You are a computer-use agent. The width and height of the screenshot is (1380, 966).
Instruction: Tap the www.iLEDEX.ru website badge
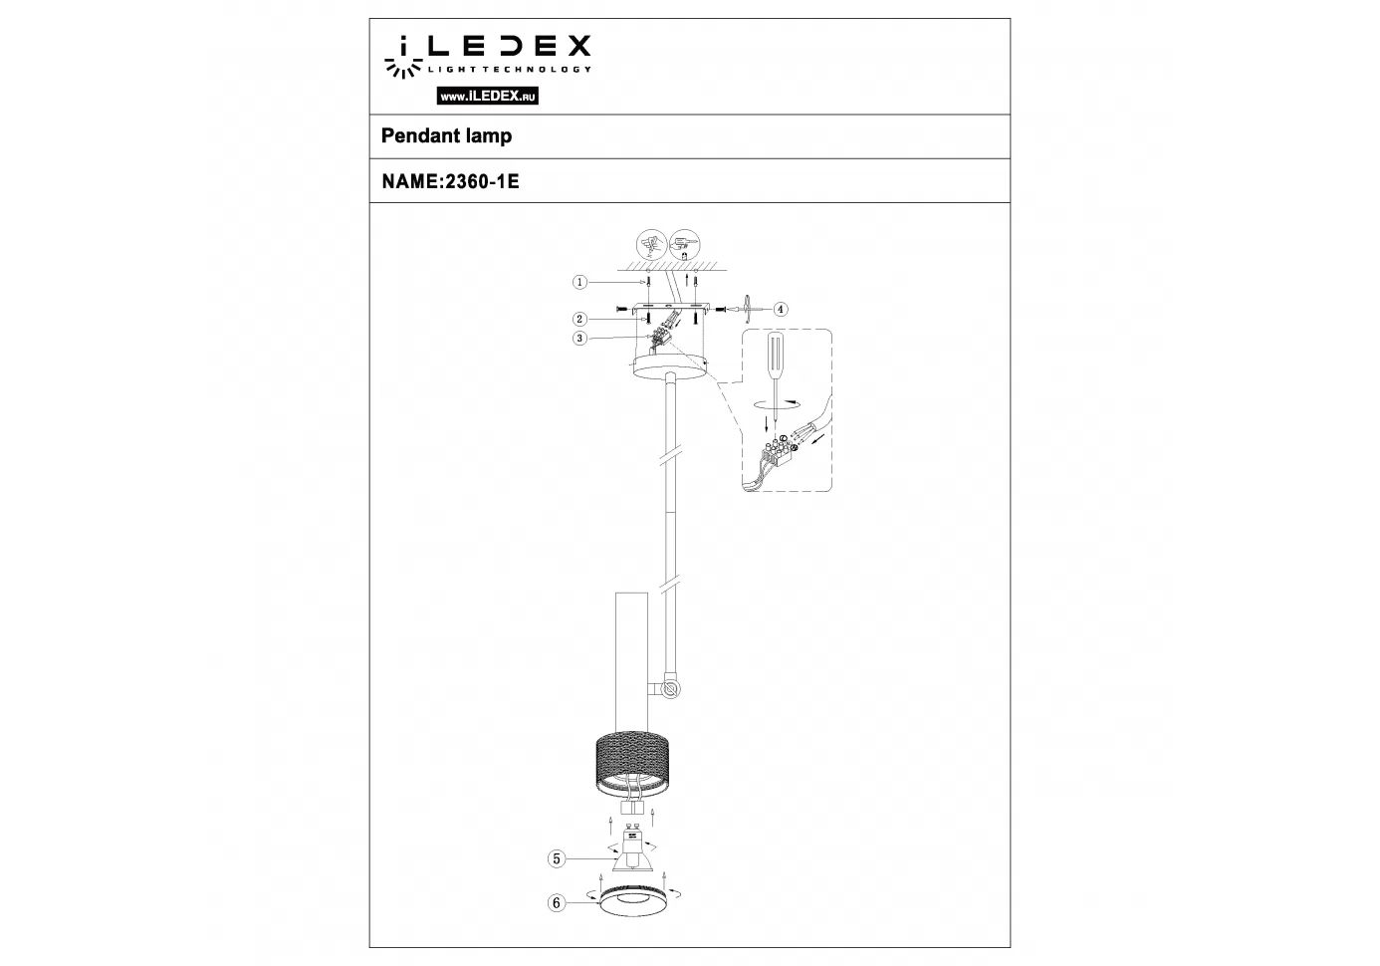point(487,96)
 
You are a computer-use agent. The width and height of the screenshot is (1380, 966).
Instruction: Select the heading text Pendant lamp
point(446,135)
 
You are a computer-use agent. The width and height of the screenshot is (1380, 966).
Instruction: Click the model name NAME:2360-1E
point(450,181)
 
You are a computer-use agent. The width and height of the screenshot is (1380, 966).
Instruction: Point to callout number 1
point(579,282)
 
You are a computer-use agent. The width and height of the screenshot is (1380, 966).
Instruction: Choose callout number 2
point(579,319)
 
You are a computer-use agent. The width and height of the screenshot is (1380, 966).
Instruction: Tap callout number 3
point(579,339)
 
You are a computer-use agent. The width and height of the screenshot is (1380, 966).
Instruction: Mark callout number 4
point(781,309)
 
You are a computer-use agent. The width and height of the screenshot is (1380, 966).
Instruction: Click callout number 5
point(557,858)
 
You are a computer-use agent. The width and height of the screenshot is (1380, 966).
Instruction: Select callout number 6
point(557,903)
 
